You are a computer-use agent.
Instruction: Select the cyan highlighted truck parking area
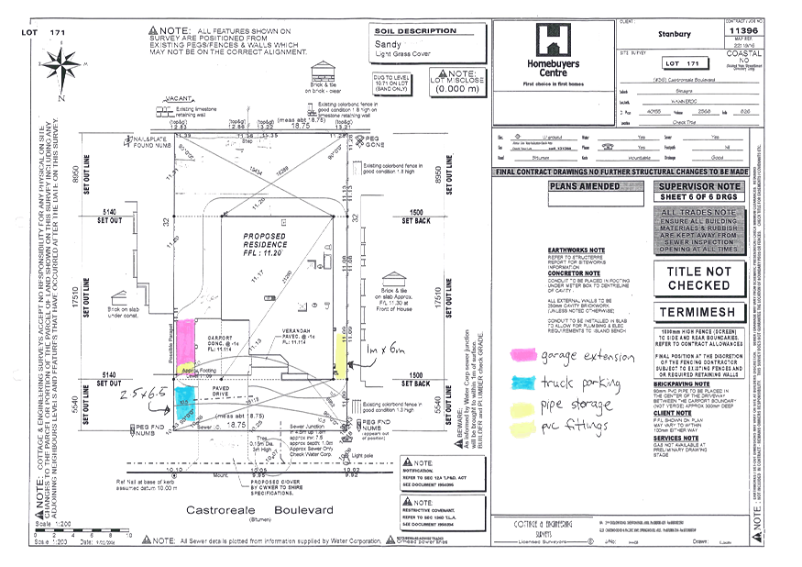tap(186, 404)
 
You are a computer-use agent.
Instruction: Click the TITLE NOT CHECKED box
tap(698, 278)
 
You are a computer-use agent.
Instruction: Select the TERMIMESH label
tap(698, 313)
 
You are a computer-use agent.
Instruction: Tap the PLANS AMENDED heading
tap(584, 186)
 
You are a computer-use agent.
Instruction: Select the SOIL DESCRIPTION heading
tap(415, 30)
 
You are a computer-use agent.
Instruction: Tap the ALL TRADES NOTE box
tap(698, 230)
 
